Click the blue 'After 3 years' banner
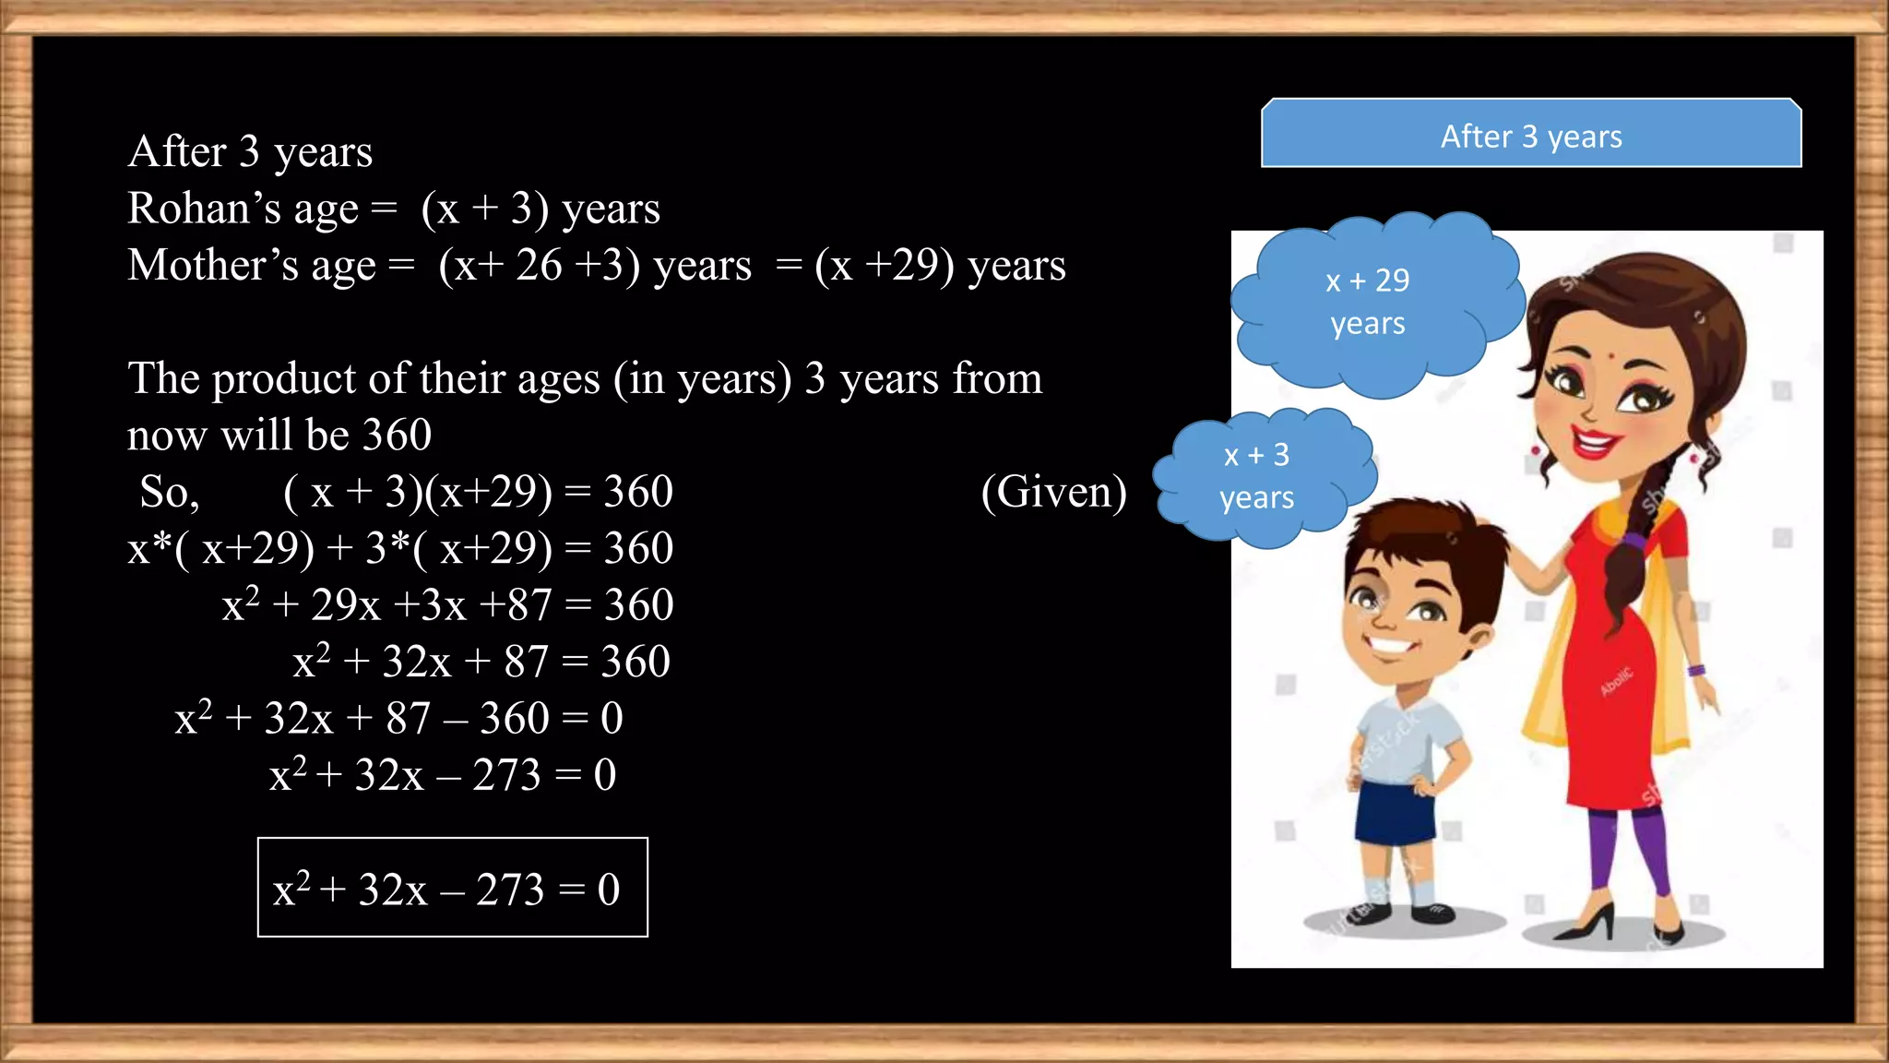click(1531, 135)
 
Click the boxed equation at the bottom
click(452, 888)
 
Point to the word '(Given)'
click(1053, 492)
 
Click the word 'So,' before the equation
click(169, 493)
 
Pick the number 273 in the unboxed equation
click(506, 775)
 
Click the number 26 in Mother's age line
click(539, 266)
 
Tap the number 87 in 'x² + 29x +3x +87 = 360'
click(529, 606)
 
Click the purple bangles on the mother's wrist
click(1695, 671)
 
